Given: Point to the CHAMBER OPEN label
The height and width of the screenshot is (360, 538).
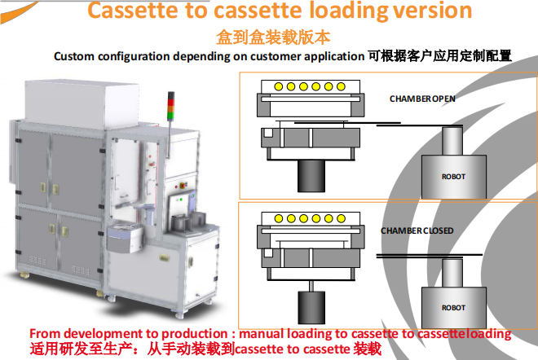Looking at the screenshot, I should pyautogui.click(x=422, y=99).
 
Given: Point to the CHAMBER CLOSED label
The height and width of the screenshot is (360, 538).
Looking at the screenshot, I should pyautogui.click(x=417, y=230).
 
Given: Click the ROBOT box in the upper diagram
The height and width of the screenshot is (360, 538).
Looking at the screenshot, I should pyautogui.click(x=453, y=174).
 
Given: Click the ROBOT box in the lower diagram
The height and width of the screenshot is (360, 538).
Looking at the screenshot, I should pyautogui.click(x=453, y=307).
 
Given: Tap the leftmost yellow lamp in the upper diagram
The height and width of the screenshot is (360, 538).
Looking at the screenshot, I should pyautogui.click(x=280, y=87).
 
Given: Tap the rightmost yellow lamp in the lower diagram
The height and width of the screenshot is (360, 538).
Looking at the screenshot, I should pyautogui.click(x=341, y=218).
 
